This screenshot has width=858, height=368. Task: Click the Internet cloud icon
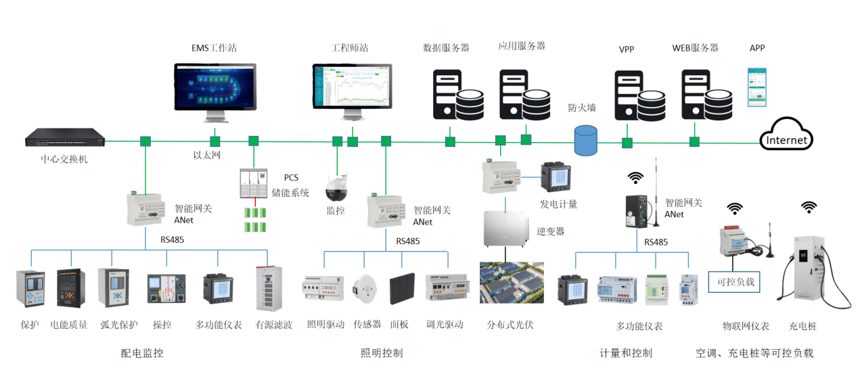[x=786, y=135]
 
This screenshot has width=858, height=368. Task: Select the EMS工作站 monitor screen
[x=216, y=87]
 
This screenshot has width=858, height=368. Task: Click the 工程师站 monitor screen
[x=353, y=87]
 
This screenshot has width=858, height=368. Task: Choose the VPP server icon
[x=637, y=95]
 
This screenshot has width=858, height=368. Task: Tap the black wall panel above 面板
[x=402, y=289]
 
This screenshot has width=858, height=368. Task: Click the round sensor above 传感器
[x=366, y=289]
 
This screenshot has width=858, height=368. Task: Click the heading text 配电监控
[x=142, y=352]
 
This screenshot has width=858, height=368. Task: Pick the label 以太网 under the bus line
[x=207, y=155]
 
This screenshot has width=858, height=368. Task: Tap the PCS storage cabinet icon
[x=254, y=183]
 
